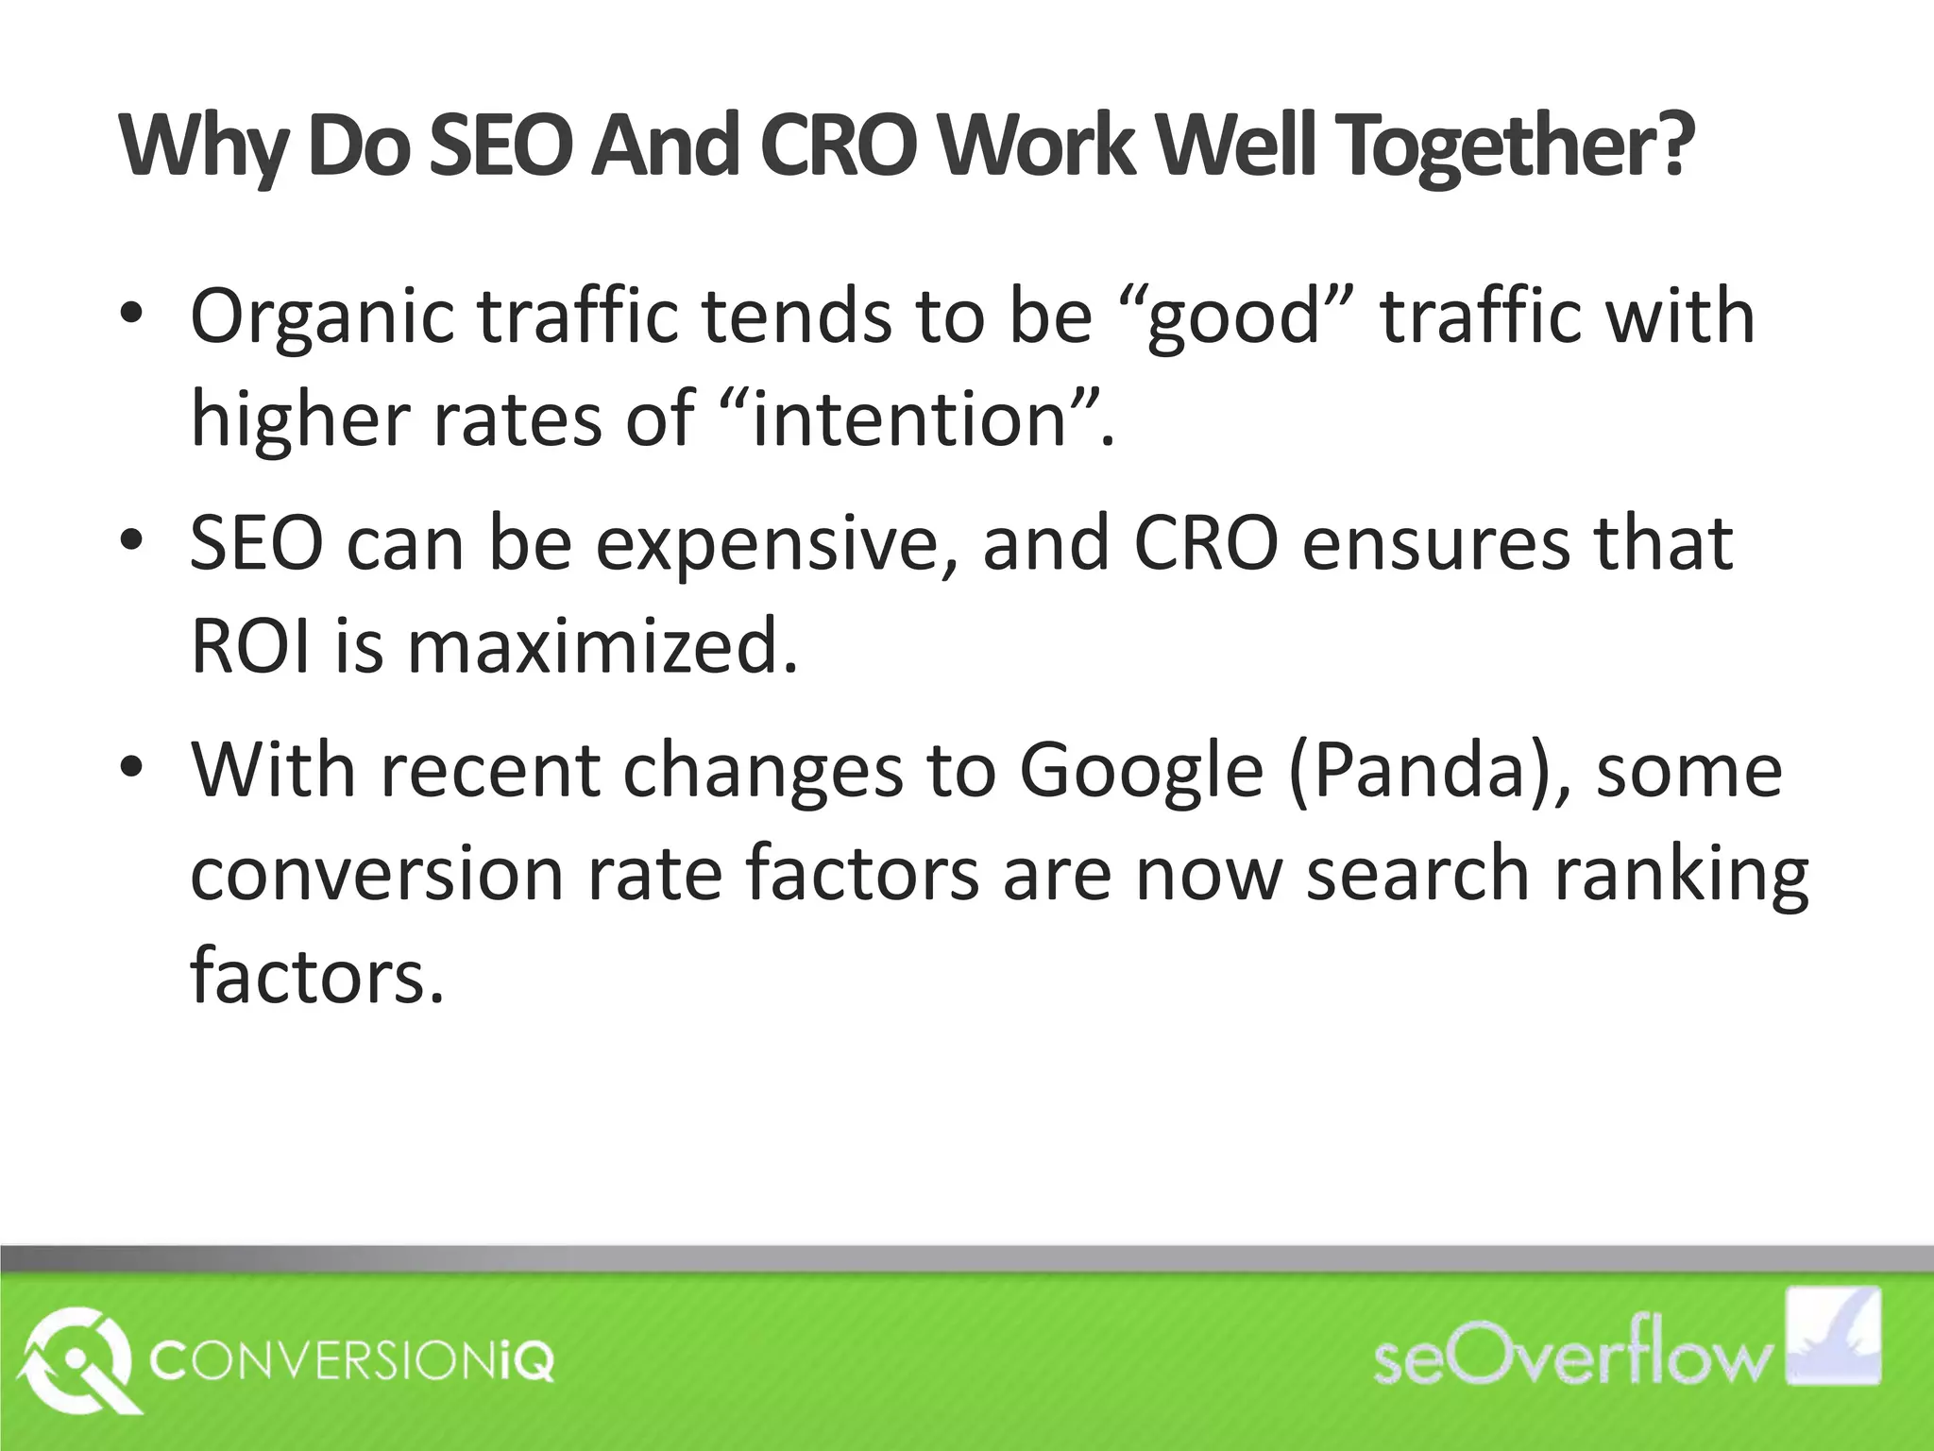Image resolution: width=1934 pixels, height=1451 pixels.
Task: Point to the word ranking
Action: [x=1681, y=874]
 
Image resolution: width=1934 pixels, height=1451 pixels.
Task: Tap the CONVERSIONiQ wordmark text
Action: [x=352, y=1363]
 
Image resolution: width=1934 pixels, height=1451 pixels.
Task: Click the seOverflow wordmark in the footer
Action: [x=1571, y=1360]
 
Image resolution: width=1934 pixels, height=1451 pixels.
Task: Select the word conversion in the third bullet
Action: [x=376, y=874]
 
